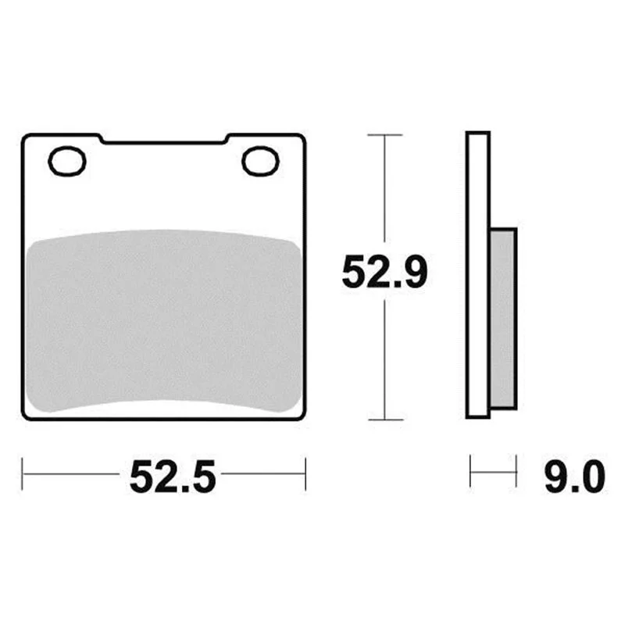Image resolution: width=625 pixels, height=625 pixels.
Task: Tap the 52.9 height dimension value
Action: (x=384, y=272)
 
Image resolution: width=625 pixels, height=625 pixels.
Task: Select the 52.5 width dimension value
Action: (x=172, y=476)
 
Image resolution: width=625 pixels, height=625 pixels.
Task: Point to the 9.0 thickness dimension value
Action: (x=575, y=476)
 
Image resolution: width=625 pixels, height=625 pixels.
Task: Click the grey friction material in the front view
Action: (x=163, y=321)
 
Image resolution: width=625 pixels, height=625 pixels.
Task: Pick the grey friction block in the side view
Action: (x=503, y=319)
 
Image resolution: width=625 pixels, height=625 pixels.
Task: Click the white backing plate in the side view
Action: (x=478, y=275)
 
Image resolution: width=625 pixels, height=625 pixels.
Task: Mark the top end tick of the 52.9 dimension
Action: (x=384, y=135)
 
